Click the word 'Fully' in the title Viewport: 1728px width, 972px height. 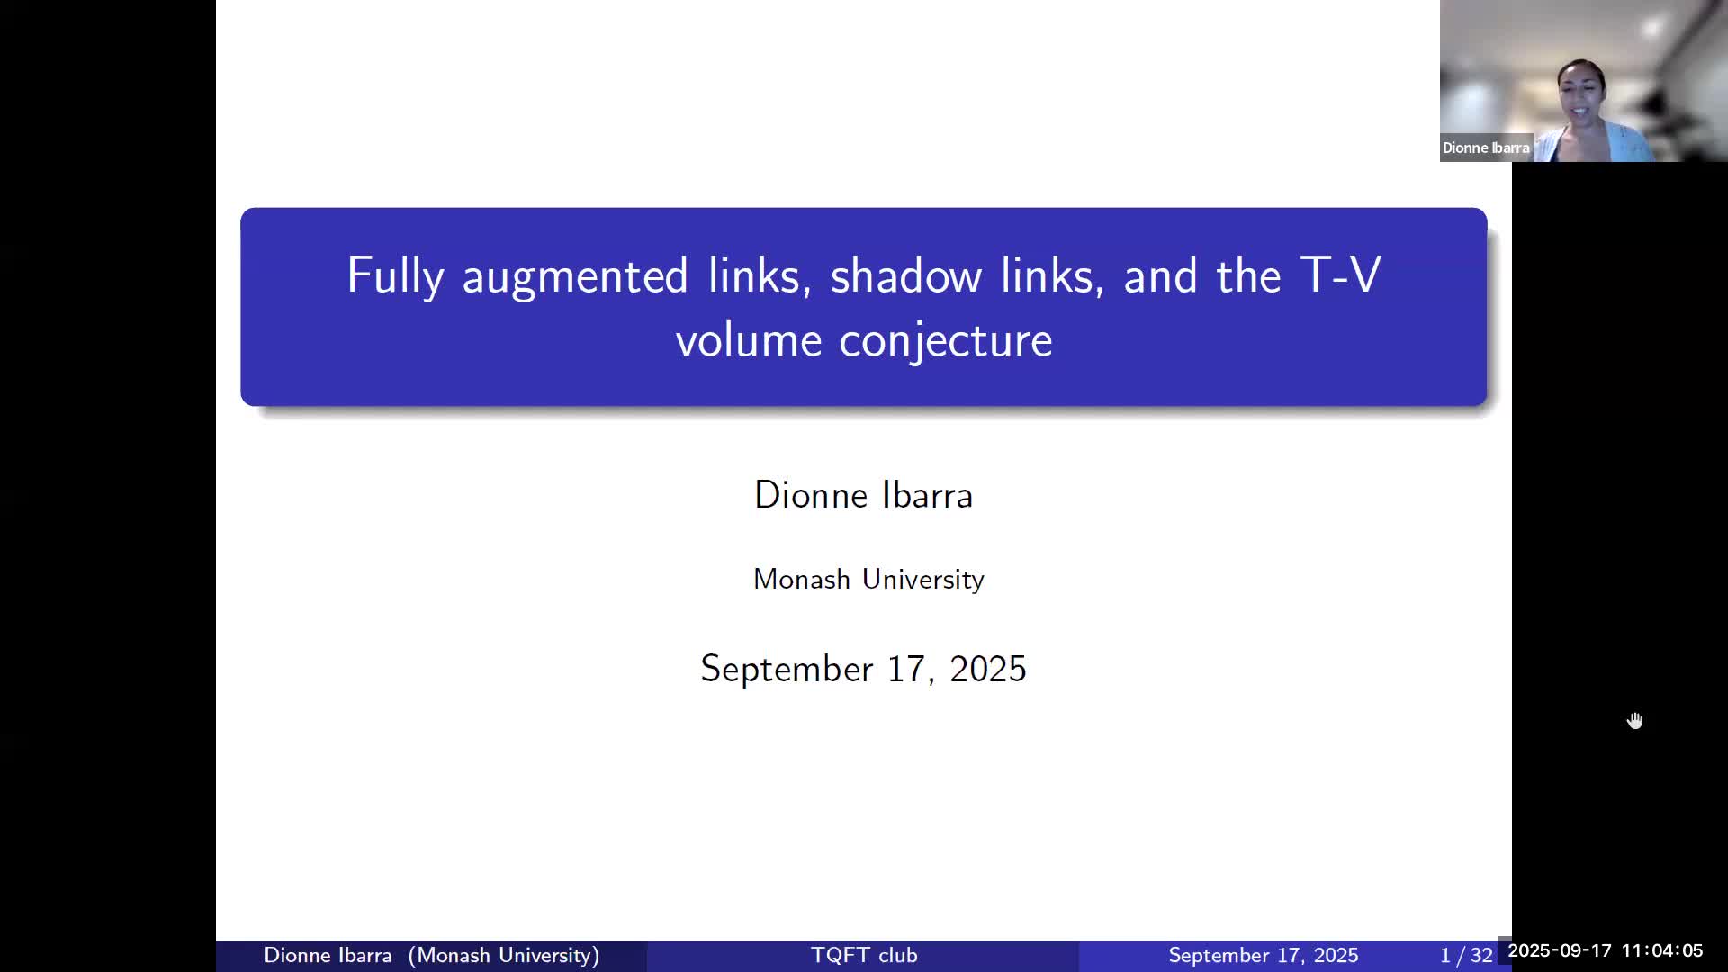pyautogui.click(x=395, y=275)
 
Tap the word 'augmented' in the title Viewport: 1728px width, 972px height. pyautogui.click(x=575, y=275)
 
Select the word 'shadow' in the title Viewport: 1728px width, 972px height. pyautogui.click(x=905, y=274)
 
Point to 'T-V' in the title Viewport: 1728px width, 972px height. pyautogui.click(x=1341, y=274)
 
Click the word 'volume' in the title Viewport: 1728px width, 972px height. pyautogui.click(x=748, y=340)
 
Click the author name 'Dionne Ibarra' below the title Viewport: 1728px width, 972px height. pyautogui.click(x=864, y=495)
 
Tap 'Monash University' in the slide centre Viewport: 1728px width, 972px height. pyautogui.click(x=868, y=579)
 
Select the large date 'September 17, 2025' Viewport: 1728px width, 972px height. pyautogui.click(x=864, y=669)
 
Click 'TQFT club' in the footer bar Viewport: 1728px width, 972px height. pyautogui.click(x=864, y=955)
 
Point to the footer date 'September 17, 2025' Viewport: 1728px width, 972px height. pyautogui.click(x=1264, y=955)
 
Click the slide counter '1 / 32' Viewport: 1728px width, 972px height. pyautogui.click(x=1466, y=955)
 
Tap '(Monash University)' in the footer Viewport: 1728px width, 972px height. pyautogui.click(x=504, y=955)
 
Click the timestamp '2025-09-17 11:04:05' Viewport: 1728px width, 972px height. pyautogui.click(x=1606, y=950)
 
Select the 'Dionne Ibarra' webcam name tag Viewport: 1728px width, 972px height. pyautogui.click(x=1486, y=148)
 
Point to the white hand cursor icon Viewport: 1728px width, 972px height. pyautogui.click(x=1635, y=721)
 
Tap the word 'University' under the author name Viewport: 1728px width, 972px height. pyautogui.click(x=923, y=579)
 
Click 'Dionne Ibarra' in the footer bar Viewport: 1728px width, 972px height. pyautogui.click(x=328, y=955)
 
